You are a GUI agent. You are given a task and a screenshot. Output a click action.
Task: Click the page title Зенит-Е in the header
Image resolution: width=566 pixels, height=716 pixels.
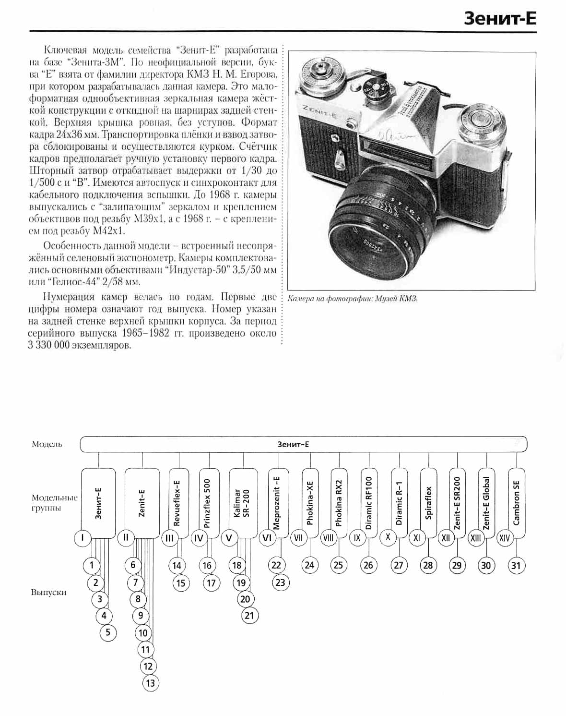500,18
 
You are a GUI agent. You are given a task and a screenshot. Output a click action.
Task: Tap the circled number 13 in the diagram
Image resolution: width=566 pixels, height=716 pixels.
151,683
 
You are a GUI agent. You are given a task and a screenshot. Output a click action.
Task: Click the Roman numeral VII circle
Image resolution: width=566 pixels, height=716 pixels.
298,538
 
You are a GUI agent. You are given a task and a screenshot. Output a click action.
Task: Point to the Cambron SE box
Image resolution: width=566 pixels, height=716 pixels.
516,502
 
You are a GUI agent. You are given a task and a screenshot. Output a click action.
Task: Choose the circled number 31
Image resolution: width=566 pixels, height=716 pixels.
516,565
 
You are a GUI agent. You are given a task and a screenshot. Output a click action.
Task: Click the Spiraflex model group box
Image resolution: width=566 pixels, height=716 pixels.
428,502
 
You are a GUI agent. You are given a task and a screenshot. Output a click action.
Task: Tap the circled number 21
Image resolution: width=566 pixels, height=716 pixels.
249,615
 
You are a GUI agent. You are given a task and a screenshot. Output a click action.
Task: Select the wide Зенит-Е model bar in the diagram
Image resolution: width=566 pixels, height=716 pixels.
303,444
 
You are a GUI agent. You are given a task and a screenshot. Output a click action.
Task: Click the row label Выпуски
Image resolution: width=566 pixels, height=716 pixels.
48,593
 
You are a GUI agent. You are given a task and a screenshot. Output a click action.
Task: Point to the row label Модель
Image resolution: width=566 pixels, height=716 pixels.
47,444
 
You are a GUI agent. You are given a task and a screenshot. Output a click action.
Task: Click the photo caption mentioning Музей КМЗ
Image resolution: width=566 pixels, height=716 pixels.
353,299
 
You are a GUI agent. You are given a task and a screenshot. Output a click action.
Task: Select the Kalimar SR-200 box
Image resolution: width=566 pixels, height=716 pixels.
243,502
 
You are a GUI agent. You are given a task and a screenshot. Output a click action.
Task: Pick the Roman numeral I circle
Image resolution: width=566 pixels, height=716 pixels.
83,538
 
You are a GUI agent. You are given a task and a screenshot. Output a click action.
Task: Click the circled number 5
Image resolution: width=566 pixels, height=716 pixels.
108,632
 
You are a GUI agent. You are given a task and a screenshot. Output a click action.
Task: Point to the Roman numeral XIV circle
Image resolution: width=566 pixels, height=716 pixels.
504,538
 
